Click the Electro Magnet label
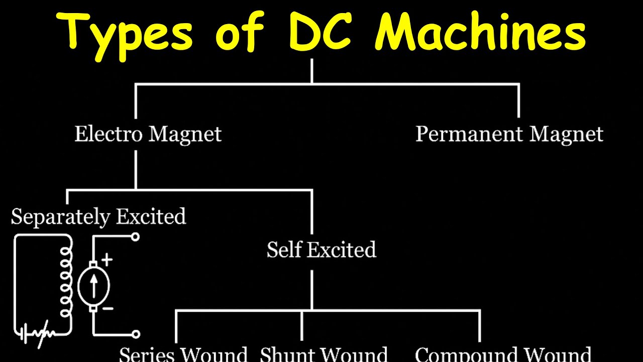point(148,134)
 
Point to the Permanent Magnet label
point(509,134)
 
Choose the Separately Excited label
point(98,217)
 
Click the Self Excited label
point(321,249)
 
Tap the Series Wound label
point(183,354)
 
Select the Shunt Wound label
point(324,354)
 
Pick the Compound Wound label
point(503,354)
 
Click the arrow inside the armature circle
point(93,287)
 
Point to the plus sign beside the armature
point(108,260)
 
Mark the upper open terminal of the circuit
point(135,237)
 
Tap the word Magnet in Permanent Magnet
point(566,134)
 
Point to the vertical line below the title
point(312,71)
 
